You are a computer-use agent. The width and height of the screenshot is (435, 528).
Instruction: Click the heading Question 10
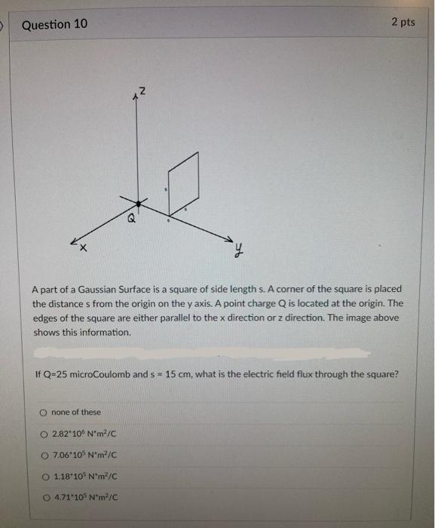pyautogui.click(x=54, y=25)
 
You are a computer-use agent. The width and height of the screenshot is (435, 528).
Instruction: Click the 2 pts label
pyautogui.click(x=403, y=22)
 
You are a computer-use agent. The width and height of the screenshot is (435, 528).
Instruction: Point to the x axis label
pyautogui.click(x=84, y=248)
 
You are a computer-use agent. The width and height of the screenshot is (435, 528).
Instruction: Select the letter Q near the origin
pyautogui.click(x=131, y=219)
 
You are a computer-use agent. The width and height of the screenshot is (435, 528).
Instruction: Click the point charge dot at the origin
pyautogui.click(x=138, y=201)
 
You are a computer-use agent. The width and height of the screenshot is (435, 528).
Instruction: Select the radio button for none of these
pyautogui.click(x=44, y=413)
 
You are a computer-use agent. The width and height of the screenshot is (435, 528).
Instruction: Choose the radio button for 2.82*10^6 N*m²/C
pyautogui.click(x=44, y=434)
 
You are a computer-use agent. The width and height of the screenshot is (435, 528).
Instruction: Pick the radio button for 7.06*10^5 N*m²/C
pyautogui.click(x=44, y=455)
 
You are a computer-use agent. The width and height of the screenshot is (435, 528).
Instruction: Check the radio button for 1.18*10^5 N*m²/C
pyautogui.click(x=44, y=476)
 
